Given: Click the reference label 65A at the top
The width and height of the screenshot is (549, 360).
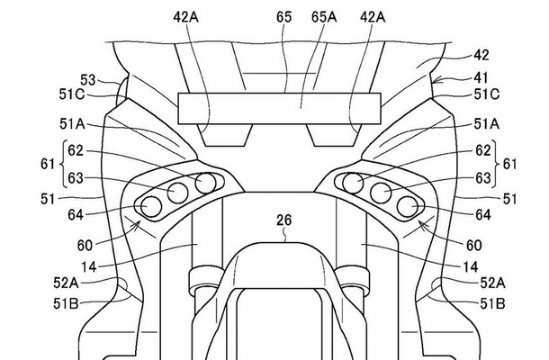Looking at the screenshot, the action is pos(324,17).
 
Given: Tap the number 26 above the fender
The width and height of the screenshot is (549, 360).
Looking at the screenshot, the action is pos(284,220).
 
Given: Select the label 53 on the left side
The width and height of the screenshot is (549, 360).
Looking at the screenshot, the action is pos(88,80).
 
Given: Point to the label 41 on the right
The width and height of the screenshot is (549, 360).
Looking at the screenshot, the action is pos(481,77).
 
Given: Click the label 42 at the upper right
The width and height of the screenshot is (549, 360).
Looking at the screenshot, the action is pos(481,55).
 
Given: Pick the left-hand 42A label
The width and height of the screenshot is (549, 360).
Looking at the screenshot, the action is pos(186,17).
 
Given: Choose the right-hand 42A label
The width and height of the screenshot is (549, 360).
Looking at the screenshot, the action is pos(373,17).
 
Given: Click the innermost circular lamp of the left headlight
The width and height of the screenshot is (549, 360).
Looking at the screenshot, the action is pos(205,184).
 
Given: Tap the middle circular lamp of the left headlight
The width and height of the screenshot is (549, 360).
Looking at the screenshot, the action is pos(178,193).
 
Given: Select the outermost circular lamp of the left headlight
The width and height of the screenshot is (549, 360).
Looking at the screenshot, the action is pos(151,206).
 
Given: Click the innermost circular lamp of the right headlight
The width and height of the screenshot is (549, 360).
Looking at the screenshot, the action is pos(353,184).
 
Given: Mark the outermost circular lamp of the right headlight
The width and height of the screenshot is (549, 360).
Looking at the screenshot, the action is pos(408,206).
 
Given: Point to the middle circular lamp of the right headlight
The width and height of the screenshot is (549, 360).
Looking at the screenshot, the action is pos(381,193).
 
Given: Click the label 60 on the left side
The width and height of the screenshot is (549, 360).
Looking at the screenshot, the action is pos(85,246).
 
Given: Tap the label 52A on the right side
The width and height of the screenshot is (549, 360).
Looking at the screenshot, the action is pos(492,283).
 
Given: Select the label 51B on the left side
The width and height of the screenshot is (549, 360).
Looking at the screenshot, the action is pos(67,303).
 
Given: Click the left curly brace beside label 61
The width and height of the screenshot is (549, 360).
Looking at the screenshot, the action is pos(63,164).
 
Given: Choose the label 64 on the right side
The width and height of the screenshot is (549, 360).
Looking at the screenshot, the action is pos(482,215).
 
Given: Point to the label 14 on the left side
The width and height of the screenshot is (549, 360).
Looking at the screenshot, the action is pos(89,267).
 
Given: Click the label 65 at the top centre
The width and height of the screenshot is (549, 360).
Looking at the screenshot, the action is pos(284,17).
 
